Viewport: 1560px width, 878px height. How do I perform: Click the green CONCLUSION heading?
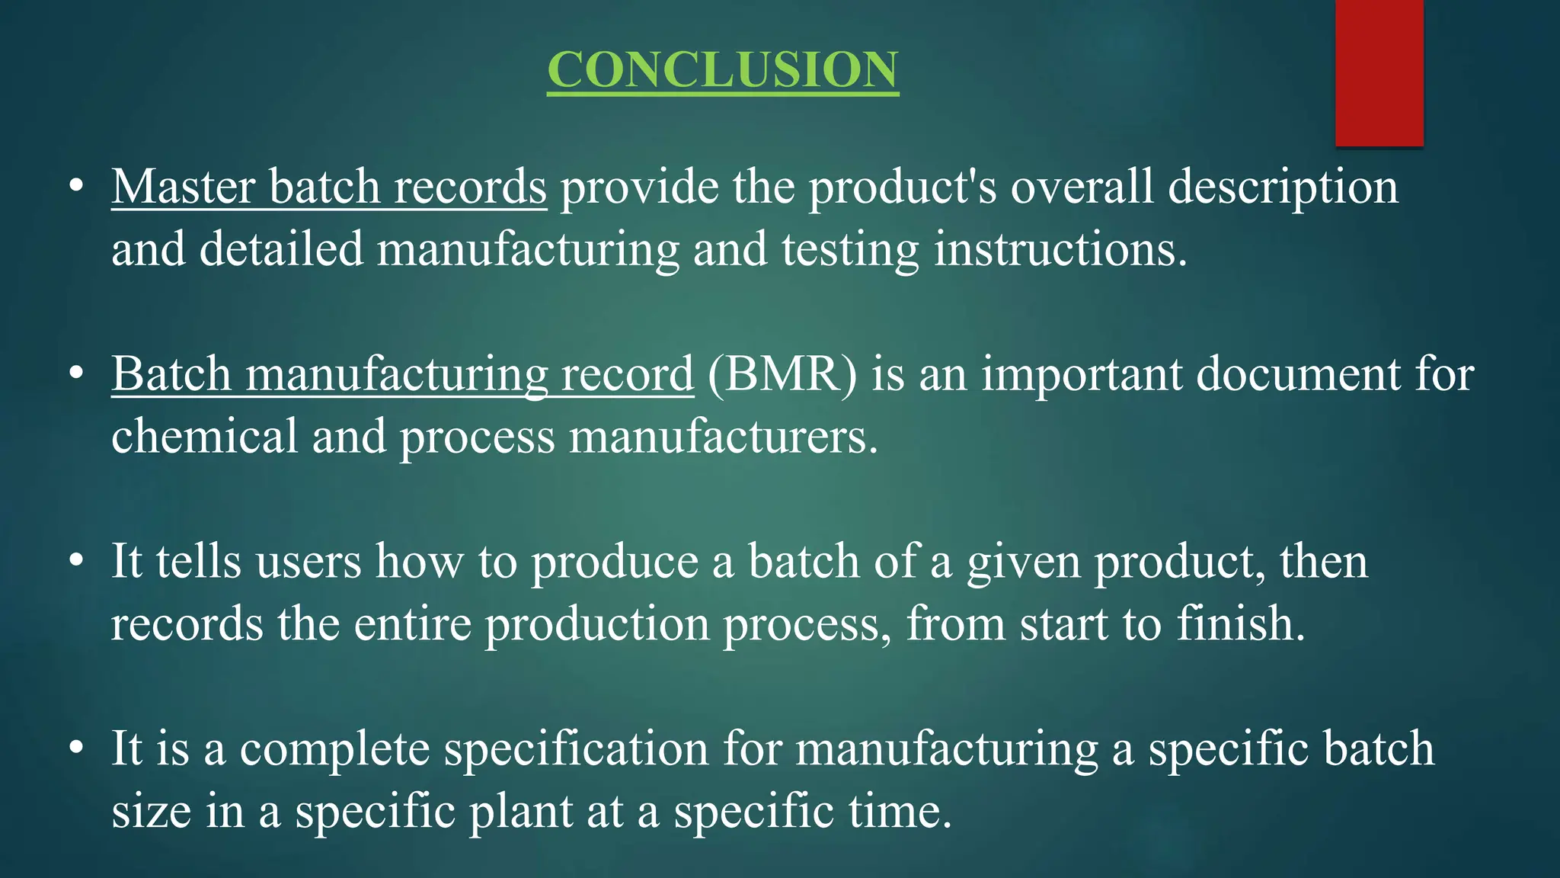click(722, 70)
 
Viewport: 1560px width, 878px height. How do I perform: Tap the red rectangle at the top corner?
click(1379, 72)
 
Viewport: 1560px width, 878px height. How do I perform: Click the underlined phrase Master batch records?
click(329, 187)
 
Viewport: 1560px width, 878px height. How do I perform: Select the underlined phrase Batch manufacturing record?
click(402, 374)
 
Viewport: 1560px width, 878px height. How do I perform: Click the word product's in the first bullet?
click(902, 187)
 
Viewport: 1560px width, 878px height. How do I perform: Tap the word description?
click(1283, 187)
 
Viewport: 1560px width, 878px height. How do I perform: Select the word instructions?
click(1060, 249)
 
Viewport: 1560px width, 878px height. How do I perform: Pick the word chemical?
click(204, 437)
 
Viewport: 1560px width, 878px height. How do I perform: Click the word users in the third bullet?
click(308, 562)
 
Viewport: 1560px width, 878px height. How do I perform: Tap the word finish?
click(1240, 623)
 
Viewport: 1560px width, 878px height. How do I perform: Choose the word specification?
click(577, 748)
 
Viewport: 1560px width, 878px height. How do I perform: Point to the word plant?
click(520, 811)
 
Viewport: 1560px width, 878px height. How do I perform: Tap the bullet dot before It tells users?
click(75, 562)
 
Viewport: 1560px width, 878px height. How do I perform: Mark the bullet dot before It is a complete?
click(75, 748)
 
